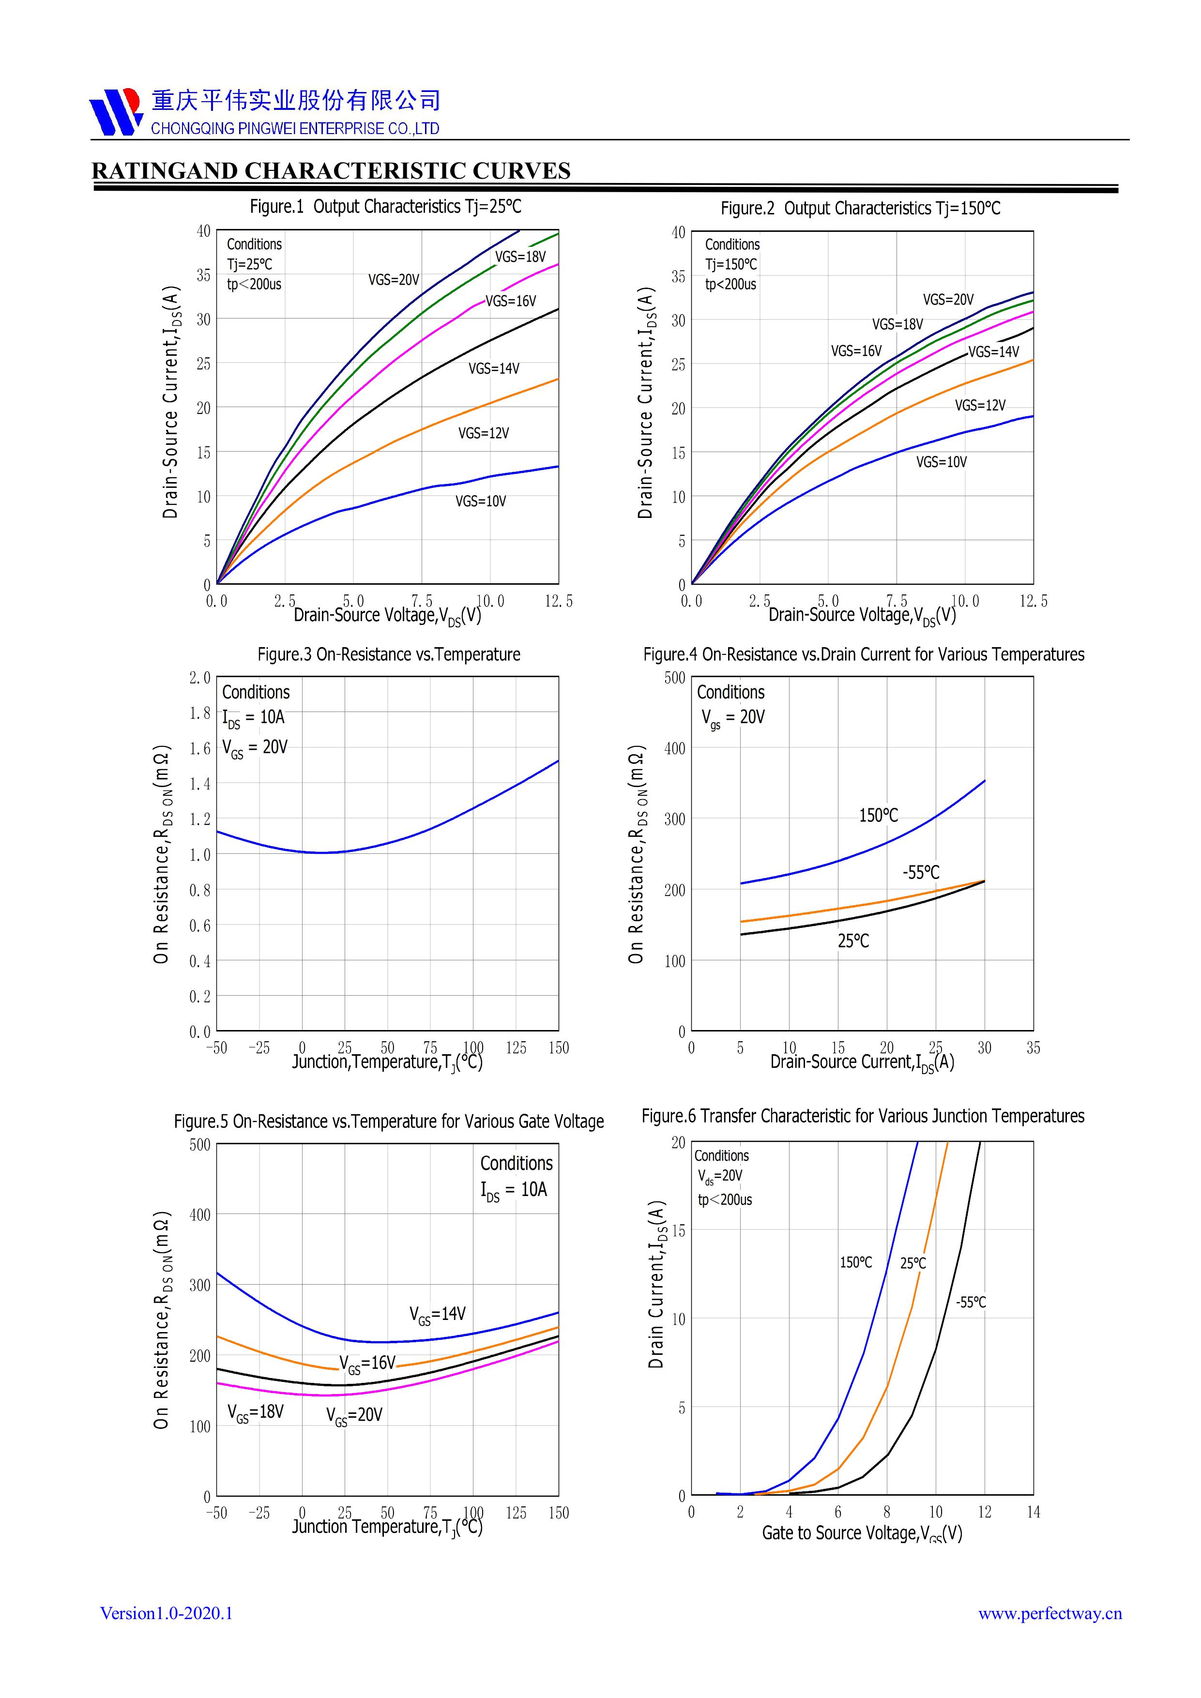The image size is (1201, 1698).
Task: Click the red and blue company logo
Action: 115,112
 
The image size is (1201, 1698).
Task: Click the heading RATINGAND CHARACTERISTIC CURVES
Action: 331,171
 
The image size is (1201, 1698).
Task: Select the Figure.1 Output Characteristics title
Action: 385,206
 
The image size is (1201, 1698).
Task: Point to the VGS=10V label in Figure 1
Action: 481,501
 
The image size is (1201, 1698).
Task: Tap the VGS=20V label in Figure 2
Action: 948,300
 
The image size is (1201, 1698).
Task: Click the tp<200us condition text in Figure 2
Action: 730,284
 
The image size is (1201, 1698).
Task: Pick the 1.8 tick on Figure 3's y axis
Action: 199,713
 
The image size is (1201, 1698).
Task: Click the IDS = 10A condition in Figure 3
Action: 254,717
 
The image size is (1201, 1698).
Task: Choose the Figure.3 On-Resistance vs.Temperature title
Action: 388,654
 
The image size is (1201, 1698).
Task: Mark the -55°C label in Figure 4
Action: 921,873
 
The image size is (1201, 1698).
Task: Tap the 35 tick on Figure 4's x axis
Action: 1033,1048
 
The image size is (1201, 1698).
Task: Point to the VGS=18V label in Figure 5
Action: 255,1412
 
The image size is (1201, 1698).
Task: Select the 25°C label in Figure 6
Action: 912,1263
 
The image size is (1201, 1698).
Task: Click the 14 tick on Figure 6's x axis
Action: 1033,1513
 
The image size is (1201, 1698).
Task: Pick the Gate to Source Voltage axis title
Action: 862,1533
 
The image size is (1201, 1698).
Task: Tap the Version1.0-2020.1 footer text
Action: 167,1613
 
